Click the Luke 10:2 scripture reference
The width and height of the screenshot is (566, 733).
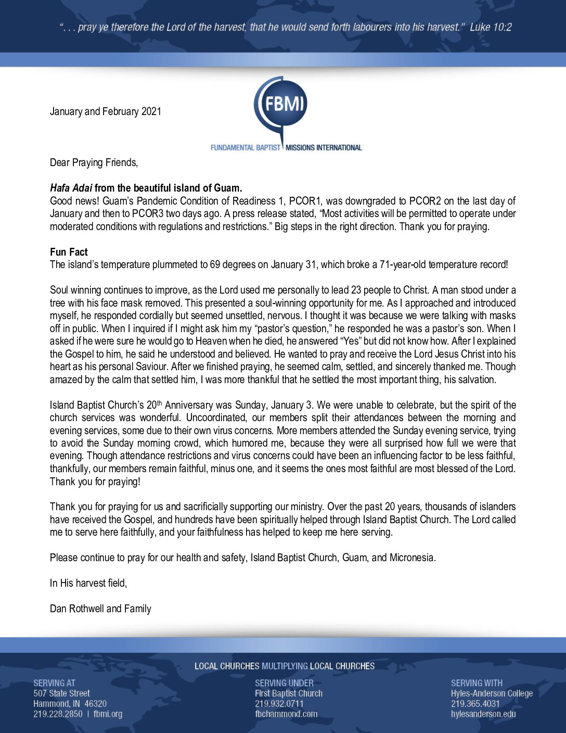point(491,27)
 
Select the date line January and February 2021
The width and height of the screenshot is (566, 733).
point(106,111)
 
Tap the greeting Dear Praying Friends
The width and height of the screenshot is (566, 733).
point(94,162)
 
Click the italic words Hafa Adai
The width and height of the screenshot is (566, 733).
point(71,188)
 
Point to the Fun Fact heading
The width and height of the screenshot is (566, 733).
point(69,252)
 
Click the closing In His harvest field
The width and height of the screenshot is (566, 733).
point(88,583)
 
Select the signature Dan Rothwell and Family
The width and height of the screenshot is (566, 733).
point(100,609)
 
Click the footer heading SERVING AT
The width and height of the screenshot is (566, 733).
point(54,683)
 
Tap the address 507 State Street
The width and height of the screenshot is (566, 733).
point(61,693)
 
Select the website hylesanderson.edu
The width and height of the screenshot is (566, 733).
point(483,714)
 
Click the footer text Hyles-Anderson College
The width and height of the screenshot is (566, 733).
point(492,693)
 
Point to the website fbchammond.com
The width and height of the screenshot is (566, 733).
point(286,714)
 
